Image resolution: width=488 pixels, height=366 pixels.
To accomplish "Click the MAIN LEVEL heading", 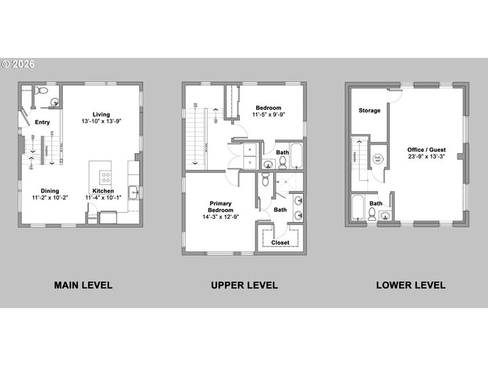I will click(83, 285).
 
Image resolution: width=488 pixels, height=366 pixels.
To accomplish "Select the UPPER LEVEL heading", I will click(244, 285).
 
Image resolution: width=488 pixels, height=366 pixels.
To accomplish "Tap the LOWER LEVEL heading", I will click(411, 285).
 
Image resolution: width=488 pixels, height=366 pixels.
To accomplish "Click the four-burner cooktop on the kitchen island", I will click(106, 177).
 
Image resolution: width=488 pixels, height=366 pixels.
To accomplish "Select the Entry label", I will click(43, 122).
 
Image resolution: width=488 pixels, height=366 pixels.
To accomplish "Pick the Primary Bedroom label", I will click(221, 206).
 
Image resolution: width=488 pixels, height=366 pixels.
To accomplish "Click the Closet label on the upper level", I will click(280, 243).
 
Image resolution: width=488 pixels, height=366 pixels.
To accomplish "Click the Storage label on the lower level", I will click(369, 110).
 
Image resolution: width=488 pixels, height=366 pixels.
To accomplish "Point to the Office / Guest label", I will click(426, 150).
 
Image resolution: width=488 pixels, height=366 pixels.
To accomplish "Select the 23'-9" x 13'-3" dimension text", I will click(426, 157).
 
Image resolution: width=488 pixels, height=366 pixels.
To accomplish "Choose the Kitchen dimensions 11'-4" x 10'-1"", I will click(104, 197).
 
